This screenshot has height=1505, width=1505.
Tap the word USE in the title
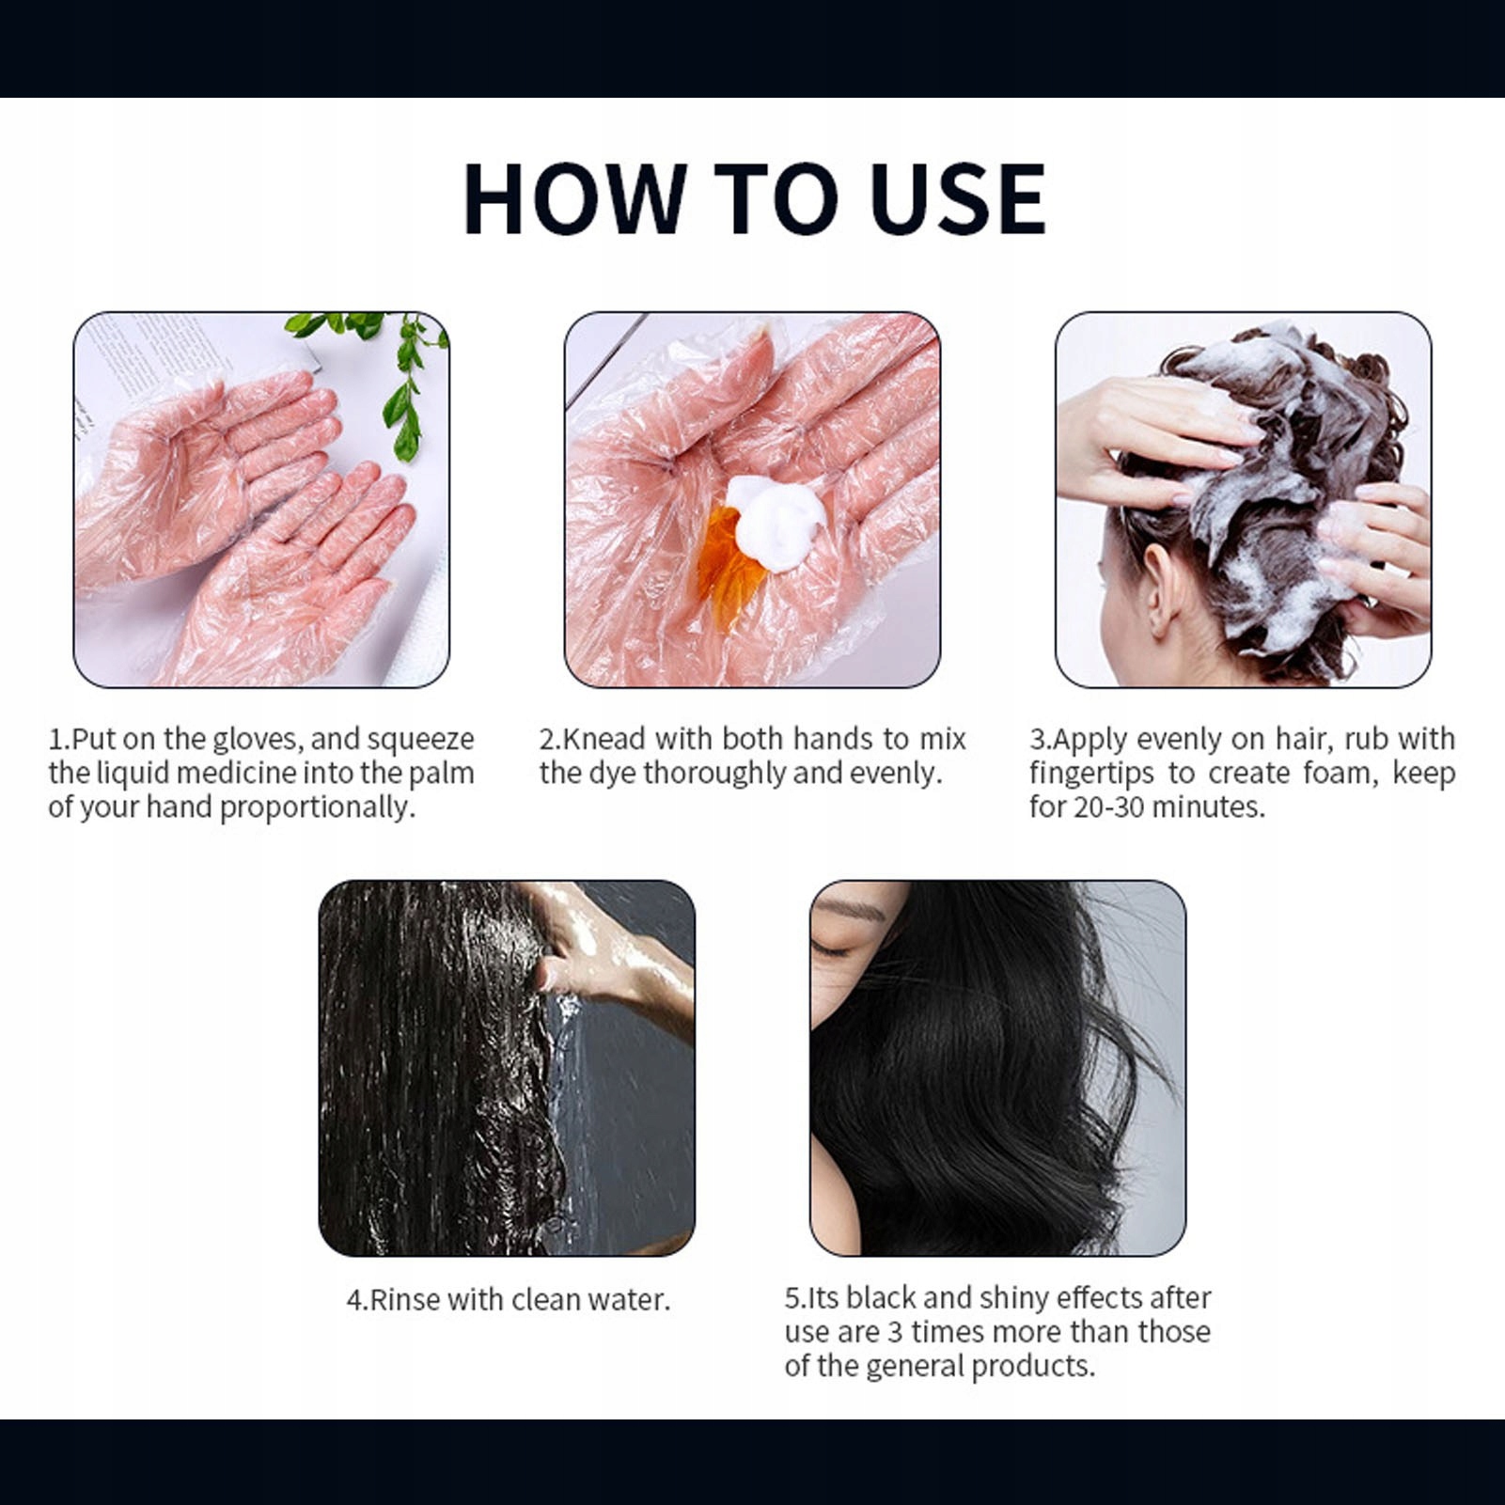(x=957, y=198)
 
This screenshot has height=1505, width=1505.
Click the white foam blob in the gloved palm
(x=776, y=522)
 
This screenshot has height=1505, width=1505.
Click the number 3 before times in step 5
(x=895, y=1332)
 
